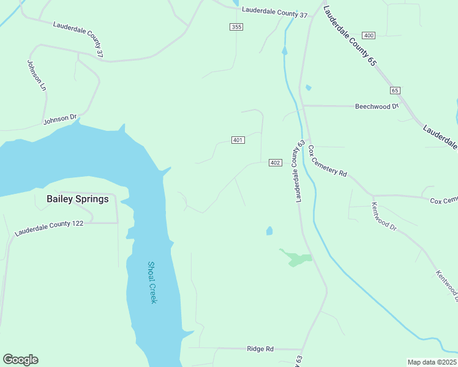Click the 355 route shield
click(x=236, y=26)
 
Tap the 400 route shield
click(x=368, y=35)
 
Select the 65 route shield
click(x=395, y=90)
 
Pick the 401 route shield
click(x=238, y=140)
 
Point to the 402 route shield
click(x=275, y=162)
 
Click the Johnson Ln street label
click(x=36, y=75)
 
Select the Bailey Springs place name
click(x=78, y=199)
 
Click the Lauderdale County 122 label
click(x=49, y=228)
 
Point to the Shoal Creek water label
click(x=152, y=282)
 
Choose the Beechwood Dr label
click(x=377, y=106)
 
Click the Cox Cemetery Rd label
click(x=328, y=161)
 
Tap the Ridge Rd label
click(x=260, y=349)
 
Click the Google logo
click(x=20, y=360)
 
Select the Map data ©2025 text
click(x=432, y=361)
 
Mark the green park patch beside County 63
click(x=296, y=258)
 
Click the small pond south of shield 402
click(x=269, y=231)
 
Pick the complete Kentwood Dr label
click(x=385, y=215)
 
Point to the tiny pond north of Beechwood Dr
click(x=308, y=87)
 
